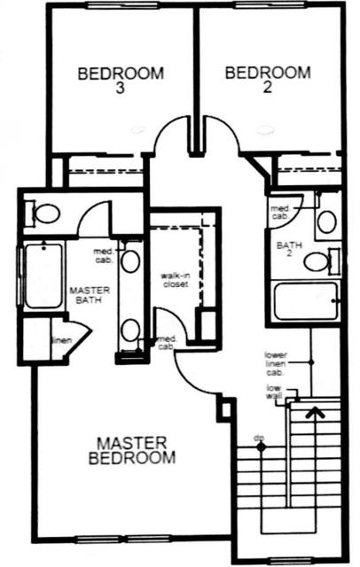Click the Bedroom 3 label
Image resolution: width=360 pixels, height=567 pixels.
tap(121, 81)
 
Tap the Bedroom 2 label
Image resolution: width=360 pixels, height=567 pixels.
tap(268, 80)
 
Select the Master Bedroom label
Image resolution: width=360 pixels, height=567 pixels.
tap(132, 450)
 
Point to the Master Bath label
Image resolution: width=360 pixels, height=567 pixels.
tap(90, 295)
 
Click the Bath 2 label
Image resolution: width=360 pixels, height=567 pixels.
tap(289, 249)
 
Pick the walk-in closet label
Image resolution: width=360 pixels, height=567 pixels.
tap(176, 280)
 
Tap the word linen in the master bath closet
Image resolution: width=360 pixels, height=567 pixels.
tap(62, 340)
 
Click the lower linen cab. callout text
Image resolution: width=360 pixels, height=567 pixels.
tap(276, 364)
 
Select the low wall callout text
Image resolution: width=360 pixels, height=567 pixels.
tap(274, 392)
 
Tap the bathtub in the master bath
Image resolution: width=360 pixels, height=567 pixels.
tap(43, 276)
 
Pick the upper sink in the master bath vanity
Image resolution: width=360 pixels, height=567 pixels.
tap(130, 260)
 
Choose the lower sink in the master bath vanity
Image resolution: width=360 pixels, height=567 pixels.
tap(129, 330)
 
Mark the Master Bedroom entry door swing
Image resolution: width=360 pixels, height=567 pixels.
tap(189, 380)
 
